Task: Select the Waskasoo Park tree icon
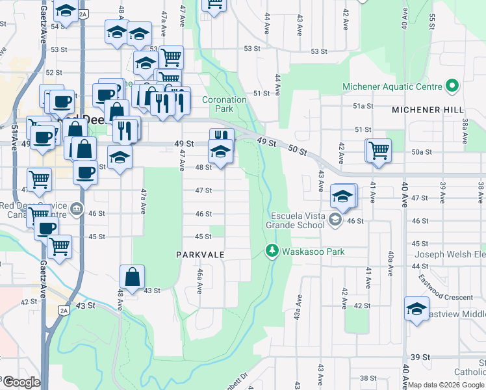(272, 250)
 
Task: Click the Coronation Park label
(224, 104)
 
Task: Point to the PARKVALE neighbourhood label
(200, 255)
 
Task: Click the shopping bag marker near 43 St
(132, 277)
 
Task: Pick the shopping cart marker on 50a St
(378, 150)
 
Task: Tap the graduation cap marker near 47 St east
(342, 196)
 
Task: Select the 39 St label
(420, 357)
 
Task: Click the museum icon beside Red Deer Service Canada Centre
(77, 208)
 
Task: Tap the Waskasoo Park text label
(313, 252)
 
